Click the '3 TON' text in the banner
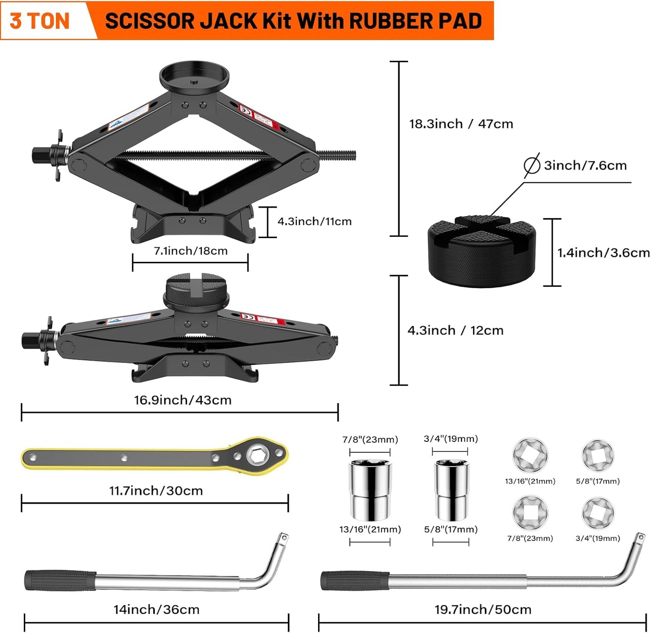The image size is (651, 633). tap(40, 21)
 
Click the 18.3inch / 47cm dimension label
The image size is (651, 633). tap(461, 124)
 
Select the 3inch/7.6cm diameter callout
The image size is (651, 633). tap(585, 165)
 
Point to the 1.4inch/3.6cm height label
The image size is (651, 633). tap(603, 253)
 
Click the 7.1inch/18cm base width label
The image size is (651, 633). tap(191, 251)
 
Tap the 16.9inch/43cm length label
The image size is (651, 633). tap(182, 400)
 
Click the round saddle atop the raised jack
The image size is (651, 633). tap(194, 77)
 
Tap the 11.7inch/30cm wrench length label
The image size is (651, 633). tap(156, 491)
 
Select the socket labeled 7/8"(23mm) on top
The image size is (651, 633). tap(370, 490)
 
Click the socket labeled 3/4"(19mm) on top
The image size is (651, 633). tap(451, 490)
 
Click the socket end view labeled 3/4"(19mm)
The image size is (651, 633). tap(598, 513)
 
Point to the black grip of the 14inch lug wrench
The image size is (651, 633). tap(60, 580)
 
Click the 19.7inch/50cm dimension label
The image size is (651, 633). tap(483, 610)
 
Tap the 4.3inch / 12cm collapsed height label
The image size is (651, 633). tap(455, 330)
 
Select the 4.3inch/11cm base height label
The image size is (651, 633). tap(314, 221)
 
